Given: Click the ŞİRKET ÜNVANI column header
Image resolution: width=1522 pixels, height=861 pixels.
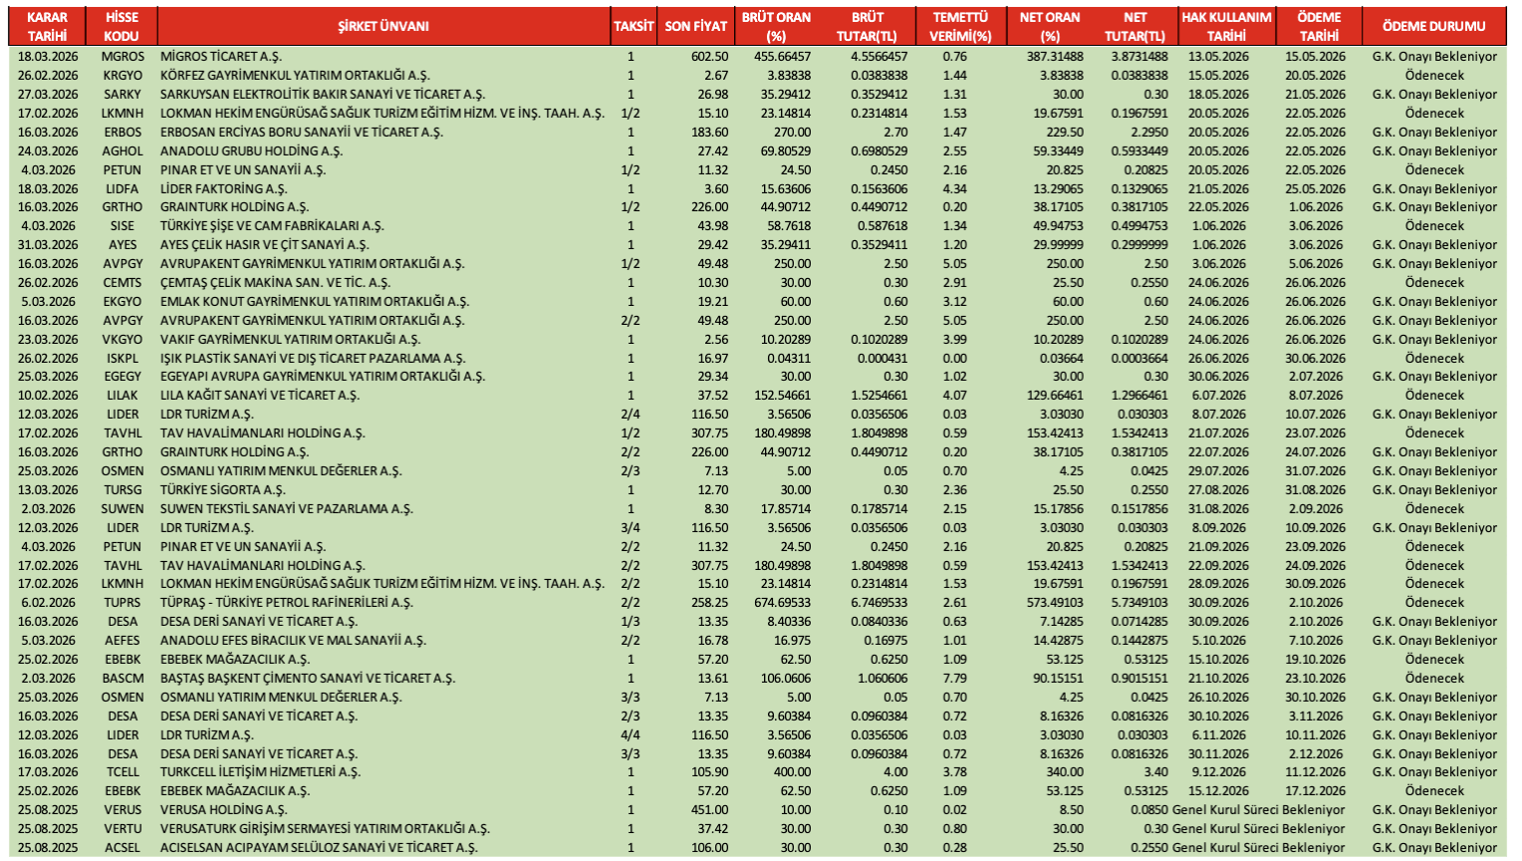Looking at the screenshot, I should (383, 26).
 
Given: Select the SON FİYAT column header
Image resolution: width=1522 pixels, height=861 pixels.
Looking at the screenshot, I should (695, 26).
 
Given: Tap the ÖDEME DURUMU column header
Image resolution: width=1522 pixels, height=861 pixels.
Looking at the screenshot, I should (1433, 26).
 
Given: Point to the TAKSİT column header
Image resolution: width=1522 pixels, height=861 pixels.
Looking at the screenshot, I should (634, 26).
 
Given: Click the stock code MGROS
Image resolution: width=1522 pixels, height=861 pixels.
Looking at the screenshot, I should (123, 57).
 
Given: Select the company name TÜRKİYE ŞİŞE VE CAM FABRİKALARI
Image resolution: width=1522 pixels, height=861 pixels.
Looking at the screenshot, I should (272, 226).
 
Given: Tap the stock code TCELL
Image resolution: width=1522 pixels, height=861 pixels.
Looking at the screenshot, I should (123, 772).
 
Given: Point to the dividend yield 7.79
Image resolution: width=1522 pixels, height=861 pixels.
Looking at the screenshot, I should (954, 679).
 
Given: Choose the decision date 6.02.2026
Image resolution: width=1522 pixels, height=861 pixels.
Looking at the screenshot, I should (48, 603).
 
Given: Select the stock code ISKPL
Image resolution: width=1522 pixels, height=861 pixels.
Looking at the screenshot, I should (123, 359).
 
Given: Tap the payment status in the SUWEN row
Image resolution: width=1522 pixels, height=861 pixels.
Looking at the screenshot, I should (1434, 509).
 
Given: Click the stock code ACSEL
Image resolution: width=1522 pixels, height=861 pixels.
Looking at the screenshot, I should (123, 848).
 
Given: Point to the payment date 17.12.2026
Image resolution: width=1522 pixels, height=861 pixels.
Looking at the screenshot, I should (1315, 791).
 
